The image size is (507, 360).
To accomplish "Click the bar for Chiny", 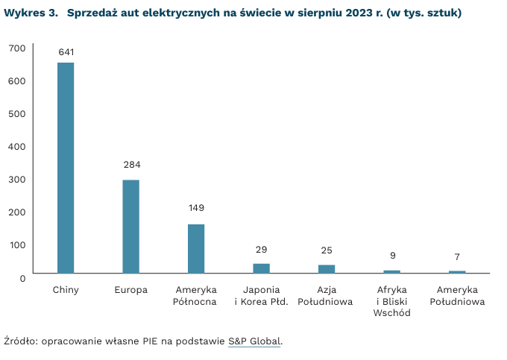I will [66, 168].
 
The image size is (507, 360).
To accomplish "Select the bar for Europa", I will [131, 227].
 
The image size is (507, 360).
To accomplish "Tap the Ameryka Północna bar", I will [196, 249].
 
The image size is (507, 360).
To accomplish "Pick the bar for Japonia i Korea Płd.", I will [261, 268].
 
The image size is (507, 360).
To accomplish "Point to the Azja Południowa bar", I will [327, 269].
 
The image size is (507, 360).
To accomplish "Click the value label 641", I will [66, 52].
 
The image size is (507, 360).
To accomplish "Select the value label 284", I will [132, 165].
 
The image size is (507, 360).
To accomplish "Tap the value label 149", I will [196, 208].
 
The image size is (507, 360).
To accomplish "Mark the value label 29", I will [261, 250].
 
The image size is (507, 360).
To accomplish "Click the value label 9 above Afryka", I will [392, 256].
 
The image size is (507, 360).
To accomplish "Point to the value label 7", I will [457, 257].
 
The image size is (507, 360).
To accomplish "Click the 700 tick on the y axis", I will [17, 48].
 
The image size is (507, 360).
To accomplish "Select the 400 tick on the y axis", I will [17, 146].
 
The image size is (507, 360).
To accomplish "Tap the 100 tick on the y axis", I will [17, 244].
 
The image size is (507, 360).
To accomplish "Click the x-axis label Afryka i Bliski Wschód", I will [392, 301].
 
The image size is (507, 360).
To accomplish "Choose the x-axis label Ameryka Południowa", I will [457, 296].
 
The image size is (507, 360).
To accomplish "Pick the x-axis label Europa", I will [131, 290].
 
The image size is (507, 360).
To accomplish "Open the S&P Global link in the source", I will [254, 341].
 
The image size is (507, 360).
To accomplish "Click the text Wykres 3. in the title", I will [31, 13].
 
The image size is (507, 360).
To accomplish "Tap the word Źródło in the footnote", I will [20, 341].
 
